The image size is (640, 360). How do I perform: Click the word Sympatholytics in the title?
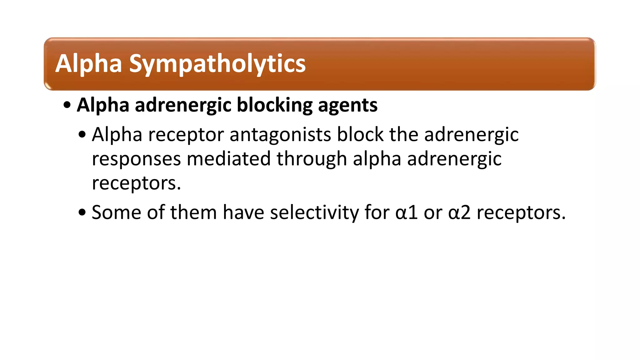coord(217,64)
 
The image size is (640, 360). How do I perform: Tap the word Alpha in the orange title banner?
coord(88,63)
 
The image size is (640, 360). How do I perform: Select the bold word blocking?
coord(275,105)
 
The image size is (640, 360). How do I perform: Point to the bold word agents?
coord(347,106)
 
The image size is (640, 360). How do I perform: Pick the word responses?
coord(136,159)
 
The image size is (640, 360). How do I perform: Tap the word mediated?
coord(228,158)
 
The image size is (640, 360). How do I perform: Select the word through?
coord(312,159)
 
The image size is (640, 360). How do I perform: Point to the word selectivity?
coord(314,212)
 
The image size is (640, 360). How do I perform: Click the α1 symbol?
coord(407,212)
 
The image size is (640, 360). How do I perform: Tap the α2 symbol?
coord(459,212)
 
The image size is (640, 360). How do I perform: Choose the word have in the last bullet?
coord(243,212)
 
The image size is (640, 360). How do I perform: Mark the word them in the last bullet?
coord(193,212)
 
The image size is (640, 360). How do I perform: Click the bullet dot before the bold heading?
coord(67,105)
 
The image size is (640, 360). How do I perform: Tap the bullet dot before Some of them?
coord(82,213)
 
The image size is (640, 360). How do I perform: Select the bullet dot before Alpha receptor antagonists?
coord(82,135)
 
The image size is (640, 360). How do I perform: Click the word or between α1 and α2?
coord(433,213)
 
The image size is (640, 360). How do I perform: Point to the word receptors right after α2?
coord(521,213)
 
